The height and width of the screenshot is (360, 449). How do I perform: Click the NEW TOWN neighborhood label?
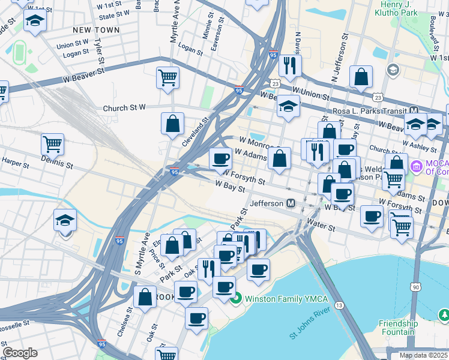96,29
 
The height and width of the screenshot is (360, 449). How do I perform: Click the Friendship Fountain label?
398,328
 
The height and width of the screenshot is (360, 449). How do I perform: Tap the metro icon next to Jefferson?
291,203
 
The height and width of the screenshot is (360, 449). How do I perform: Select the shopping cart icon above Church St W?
167,77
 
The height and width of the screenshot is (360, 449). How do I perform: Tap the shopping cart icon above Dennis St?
52,144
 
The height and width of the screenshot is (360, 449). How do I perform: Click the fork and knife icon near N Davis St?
291,65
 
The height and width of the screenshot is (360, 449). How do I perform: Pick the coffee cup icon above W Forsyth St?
220,158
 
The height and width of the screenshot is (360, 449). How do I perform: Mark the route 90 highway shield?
416,287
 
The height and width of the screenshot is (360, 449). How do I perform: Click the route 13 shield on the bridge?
340,305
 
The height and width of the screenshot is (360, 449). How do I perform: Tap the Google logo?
20,353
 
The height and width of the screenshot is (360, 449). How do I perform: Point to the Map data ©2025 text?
424,355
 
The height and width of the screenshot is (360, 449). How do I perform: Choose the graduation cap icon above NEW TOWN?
35,22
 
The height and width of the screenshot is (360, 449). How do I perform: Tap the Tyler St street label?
99,52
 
